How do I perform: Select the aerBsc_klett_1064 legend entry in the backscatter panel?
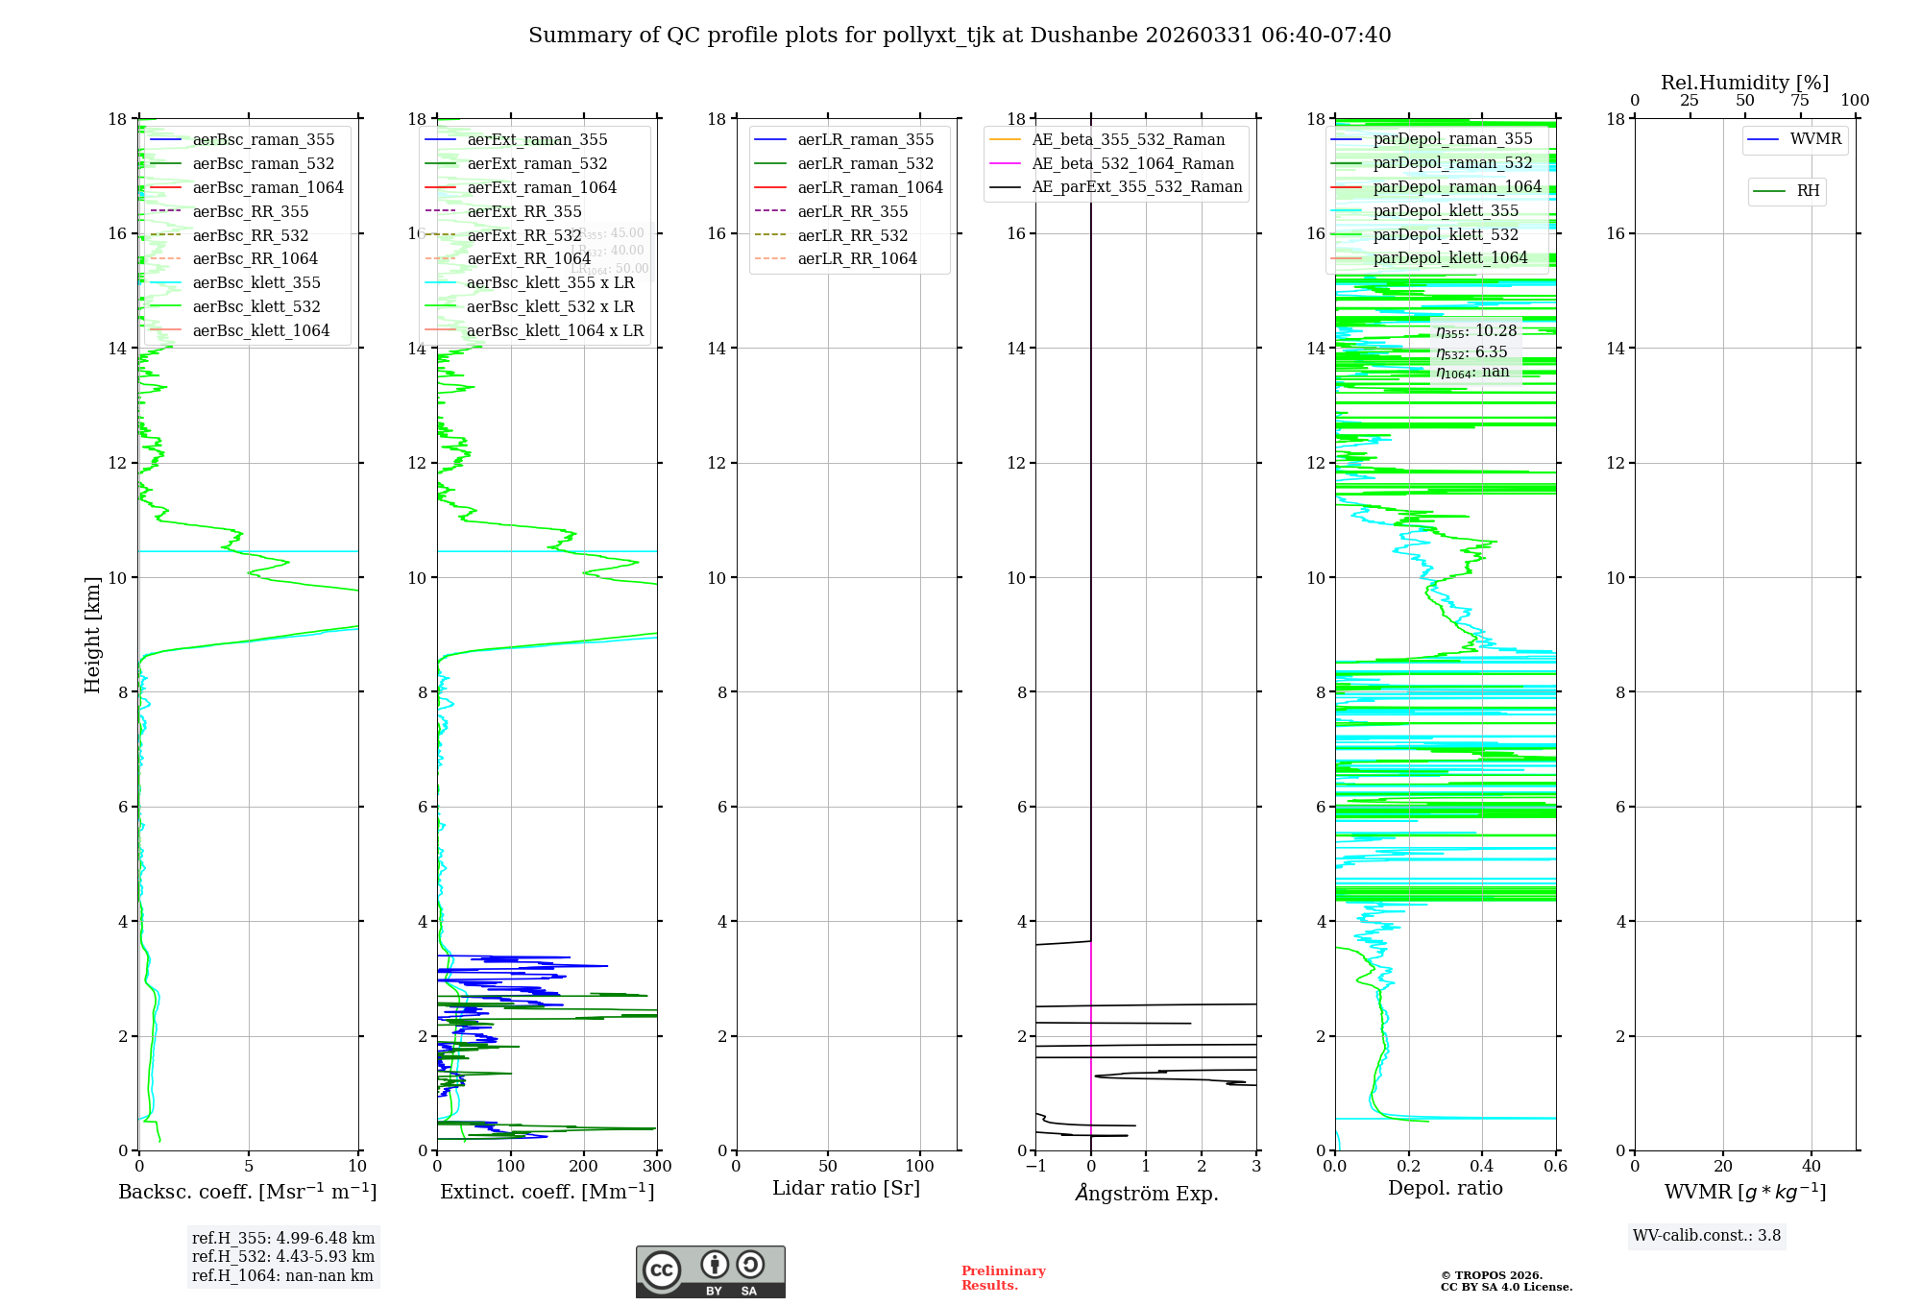(x=260, y=330)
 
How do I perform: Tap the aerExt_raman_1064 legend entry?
(x=542, y=187)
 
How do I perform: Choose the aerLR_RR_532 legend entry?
(x=852, y=235)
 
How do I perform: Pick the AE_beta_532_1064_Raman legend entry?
(x=1132, y=163)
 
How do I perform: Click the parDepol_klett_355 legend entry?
(x=1446, y=210)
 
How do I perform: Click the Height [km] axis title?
(x=92, y=634)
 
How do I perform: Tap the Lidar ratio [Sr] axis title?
(x=845, y=1188)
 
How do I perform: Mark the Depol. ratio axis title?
(x=1445, y=1188)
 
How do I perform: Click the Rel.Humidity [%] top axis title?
(x=1744, y=83)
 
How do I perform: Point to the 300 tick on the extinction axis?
(x=657, y=1167)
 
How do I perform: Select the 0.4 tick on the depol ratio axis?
(x=1482, y=1167)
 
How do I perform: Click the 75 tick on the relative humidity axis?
(x=1800, y=101)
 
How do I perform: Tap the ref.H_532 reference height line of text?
(x=283, y=1256)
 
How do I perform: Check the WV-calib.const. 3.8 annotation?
(x=1707, y=1236)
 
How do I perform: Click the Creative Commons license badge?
(x=710, y=1271)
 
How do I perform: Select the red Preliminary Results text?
(x=1003, y=1278)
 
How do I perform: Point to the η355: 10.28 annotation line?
(x=1476, y=331)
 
